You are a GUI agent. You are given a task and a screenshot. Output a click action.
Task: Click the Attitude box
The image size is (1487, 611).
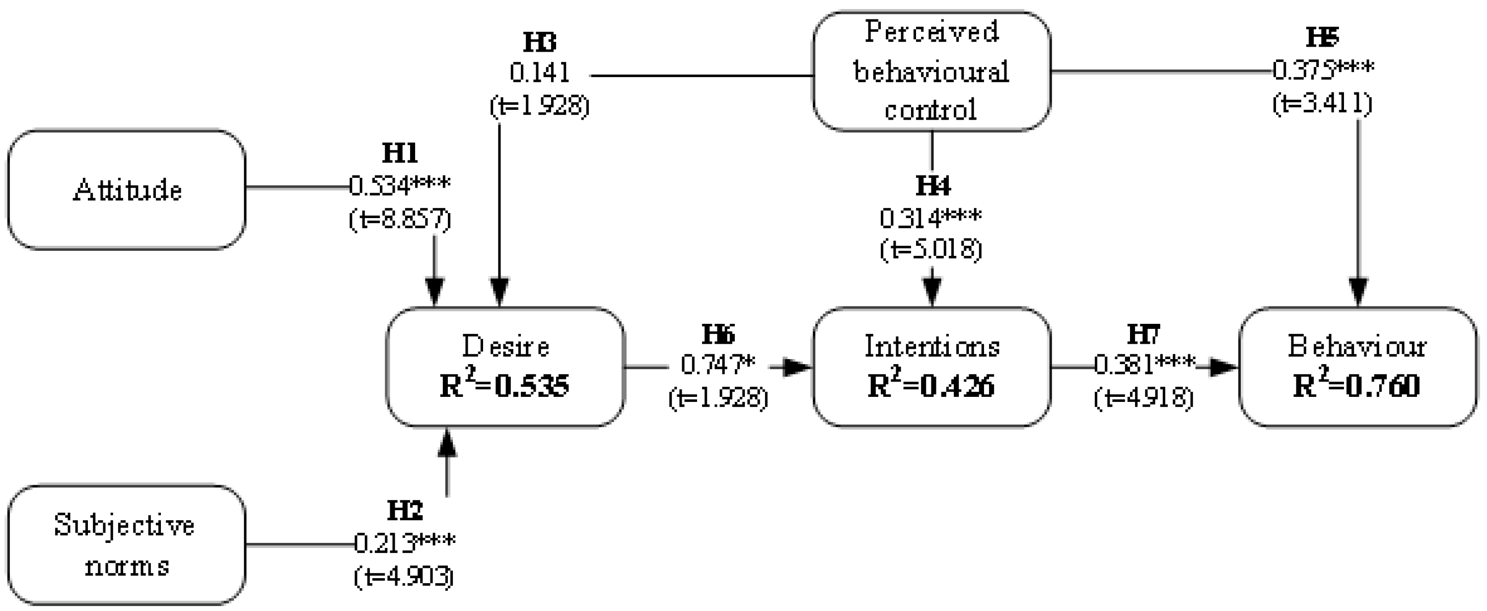click(x=127, y=190)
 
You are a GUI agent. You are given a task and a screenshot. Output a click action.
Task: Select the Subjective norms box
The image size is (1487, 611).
click(x=127, y=544)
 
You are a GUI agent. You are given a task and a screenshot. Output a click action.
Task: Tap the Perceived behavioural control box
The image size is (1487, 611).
click(x=931, y=71)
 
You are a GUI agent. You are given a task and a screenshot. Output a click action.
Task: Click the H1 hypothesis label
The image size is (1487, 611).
click(x=400, y=153)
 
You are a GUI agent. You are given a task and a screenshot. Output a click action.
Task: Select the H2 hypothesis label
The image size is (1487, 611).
click(x=405, y=511)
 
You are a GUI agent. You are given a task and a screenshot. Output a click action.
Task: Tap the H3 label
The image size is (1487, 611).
click(x=540, y=42)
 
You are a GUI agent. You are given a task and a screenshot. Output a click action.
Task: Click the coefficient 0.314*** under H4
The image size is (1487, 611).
click(x=930, y=218)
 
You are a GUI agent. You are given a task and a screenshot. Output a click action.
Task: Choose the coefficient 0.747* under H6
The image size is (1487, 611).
click(x=717, y=365)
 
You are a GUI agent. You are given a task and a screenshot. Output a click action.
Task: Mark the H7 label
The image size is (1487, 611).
click(x=1143, y=334)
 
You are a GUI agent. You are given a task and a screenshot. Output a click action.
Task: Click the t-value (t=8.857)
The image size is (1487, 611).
click(x=400, y=220)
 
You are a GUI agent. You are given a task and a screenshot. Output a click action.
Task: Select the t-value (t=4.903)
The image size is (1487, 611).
click(x=404, y=577)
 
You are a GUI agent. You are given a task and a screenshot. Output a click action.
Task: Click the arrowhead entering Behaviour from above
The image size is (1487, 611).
click(x=1358, y=292)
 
